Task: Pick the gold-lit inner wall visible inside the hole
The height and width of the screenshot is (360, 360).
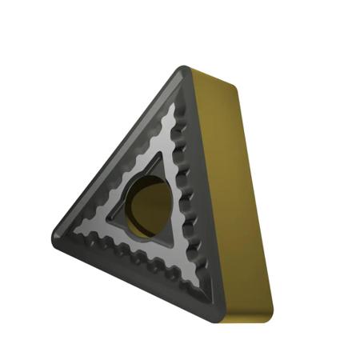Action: pyautogui.click(x=154, y=203)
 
